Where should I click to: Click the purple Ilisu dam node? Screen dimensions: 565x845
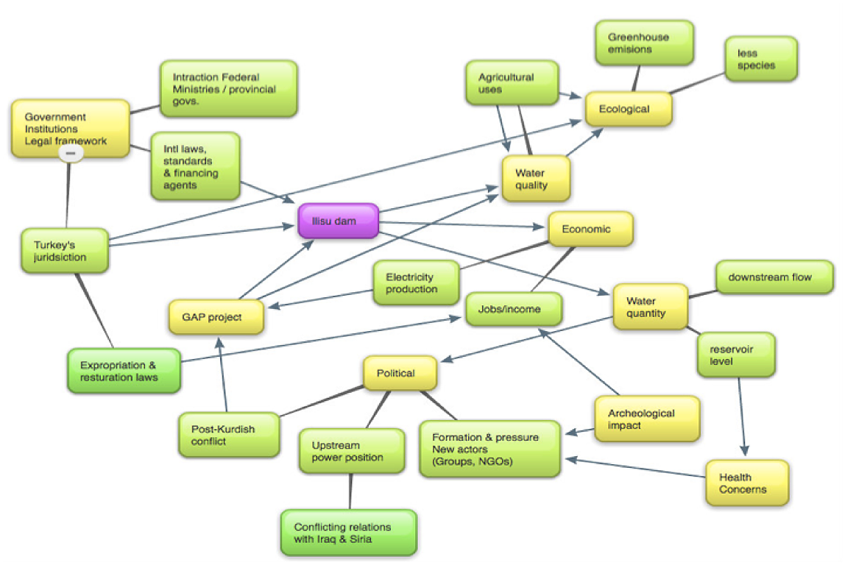[x=338, y=221]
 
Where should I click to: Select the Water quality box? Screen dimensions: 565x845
[x=536, y=179]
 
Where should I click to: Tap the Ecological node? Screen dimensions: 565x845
[x=629, y=109]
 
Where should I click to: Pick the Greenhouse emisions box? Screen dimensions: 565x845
[x=643, y=43]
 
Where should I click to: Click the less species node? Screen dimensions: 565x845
[x=760, y=59]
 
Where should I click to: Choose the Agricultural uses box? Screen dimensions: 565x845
[x=512, y=82]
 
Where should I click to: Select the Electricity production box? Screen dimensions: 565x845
[x=415, y=282]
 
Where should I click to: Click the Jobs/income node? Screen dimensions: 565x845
[x=514, y=309]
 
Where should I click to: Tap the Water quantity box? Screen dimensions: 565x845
[x=650, y=307]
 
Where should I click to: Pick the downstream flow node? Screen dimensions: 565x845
[x=774, y=277]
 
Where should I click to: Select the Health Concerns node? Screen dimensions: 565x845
[x=746, y=483]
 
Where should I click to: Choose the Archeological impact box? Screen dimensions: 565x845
[x=646, y=419]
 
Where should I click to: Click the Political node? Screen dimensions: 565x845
[x=400, y=373]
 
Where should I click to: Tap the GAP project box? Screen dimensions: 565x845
[x=216, y=317]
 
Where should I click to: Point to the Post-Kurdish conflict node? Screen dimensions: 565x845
[x=229, y=435]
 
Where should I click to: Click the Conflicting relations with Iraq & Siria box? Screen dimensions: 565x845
[x=348, y=533]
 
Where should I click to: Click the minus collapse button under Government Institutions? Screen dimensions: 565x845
[x=71, y=153]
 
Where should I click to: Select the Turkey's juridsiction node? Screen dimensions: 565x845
[x=66, y=251]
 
